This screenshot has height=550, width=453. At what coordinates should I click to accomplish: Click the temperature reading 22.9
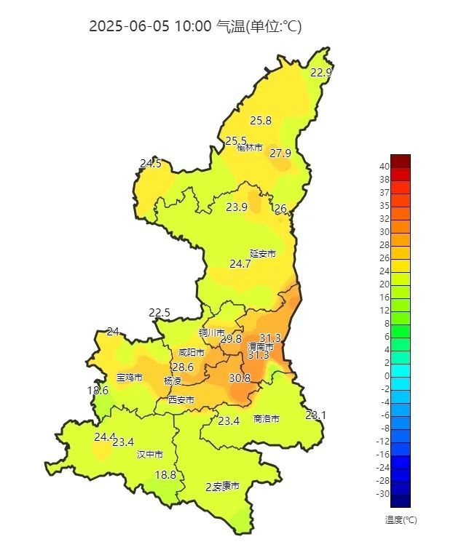(x=321, y=72)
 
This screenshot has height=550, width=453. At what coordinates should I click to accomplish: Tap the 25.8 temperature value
(x=261, y=121)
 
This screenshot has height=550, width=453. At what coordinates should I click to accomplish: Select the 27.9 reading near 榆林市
(x=280, y=154)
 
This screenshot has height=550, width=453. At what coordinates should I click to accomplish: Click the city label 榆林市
(x=250, y=148)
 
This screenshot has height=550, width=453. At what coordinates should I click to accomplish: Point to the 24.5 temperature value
(x=151, y=164)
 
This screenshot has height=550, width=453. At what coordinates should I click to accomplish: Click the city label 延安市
(x=263, y=253)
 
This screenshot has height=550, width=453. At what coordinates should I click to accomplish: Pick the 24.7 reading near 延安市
(x=240, y=264)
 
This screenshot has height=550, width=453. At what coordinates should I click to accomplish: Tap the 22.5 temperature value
(x=159, y=314)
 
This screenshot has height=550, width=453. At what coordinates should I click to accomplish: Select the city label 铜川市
(x=213, y=332)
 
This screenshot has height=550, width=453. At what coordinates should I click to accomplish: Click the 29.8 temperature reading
(x=231, y=339)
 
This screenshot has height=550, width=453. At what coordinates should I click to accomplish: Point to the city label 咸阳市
(x=192, y=352)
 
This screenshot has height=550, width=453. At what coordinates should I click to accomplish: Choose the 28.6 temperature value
(x=183, y=367)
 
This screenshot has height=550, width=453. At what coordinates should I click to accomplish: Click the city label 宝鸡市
(x=130, y=378)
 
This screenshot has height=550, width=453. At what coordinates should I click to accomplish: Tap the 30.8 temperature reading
(x=240, y=378)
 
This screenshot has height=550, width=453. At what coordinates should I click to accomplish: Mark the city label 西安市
(x=181, y=399)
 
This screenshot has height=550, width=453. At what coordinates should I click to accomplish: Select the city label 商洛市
(x=267, y=418)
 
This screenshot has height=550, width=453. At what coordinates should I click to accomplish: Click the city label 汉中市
(x=150, y=454)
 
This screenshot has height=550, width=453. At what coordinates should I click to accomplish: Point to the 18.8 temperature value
(x=165, y=475)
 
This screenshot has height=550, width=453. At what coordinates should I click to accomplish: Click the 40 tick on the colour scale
(x=383, y=167)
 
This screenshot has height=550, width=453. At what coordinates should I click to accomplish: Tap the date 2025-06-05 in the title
(x=129, y=26)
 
